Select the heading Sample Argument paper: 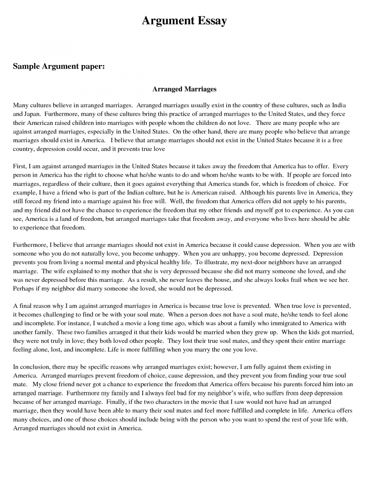[x=59, y=66]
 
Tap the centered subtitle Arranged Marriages [x=184, y=89]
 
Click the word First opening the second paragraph [x=20, y=166]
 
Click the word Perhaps [x=24, y=288]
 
